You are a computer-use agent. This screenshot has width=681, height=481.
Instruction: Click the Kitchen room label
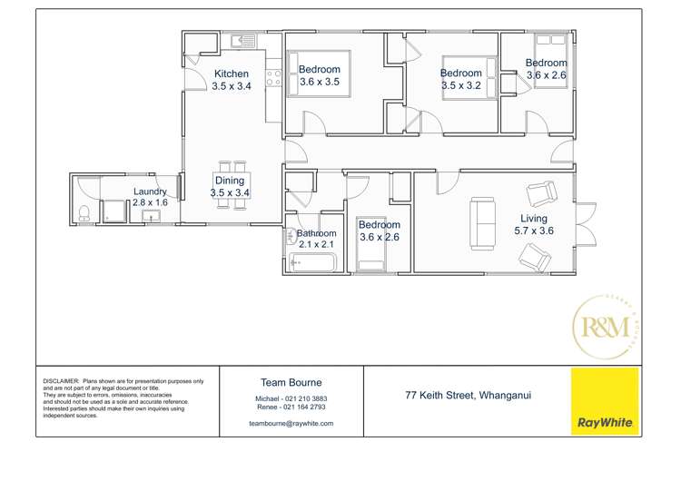pos(231,74)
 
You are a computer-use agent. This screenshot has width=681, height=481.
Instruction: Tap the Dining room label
pos(230,181)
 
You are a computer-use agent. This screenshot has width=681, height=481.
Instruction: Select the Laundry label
pos(150,191)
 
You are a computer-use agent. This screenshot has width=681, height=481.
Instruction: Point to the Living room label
pos(533,219)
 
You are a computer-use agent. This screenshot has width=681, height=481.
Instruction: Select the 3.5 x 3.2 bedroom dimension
pos(461,86)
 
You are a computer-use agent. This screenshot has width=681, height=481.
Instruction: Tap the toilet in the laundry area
pos(84,214)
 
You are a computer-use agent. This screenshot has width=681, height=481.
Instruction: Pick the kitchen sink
pos(243,41)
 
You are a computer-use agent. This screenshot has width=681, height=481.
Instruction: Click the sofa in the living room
pos(482,223)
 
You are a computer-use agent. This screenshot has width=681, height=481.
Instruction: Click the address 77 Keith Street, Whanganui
pos(468,396)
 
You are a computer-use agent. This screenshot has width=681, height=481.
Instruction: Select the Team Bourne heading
pos(291,383)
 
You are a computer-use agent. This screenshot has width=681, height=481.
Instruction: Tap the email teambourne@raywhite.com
pos(291,423)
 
